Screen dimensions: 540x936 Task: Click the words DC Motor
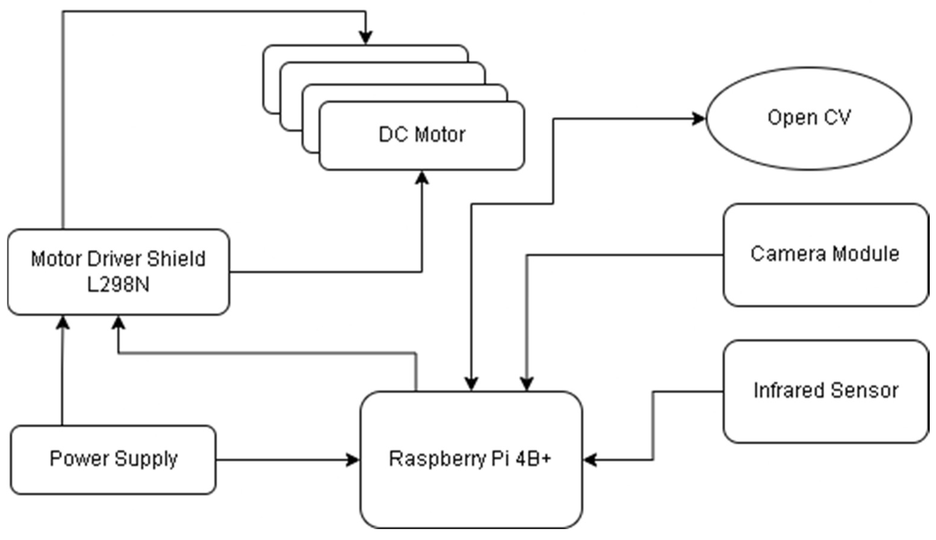pos(422,134)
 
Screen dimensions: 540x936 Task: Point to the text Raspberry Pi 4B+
pos(470,458)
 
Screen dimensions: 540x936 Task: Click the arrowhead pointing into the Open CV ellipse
pos(699,119)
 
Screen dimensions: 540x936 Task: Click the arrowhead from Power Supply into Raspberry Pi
pos(352,460)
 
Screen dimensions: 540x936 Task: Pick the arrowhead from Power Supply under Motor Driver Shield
pos(62,323)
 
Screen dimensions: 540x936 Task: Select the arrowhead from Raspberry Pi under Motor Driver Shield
pos(118,323)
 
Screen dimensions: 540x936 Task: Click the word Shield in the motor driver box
pos(176,259)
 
